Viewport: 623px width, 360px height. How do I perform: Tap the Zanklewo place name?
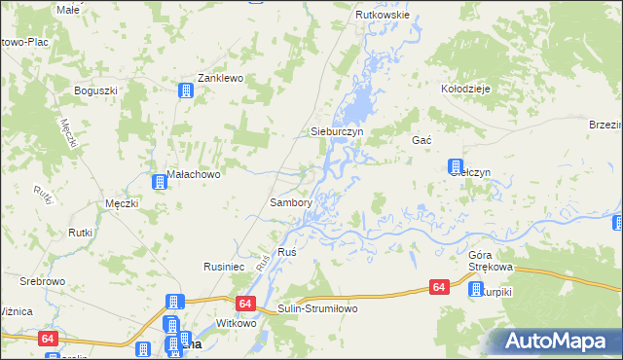point(219,78)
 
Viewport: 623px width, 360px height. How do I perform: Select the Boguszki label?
point(96,90)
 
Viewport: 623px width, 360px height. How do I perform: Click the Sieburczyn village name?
point(336,130)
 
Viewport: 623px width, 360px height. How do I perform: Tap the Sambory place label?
point(290,202)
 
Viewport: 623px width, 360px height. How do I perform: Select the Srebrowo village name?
point(42,280)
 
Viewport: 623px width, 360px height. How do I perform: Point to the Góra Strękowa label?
point(490,258)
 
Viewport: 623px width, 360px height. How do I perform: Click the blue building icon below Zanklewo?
point(185,91)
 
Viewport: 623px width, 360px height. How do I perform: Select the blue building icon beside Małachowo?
point(159,181)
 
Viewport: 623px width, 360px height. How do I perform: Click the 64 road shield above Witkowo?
point(244,304)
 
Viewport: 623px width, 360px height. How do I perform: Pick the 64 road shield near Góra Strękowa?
point(439,287)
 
